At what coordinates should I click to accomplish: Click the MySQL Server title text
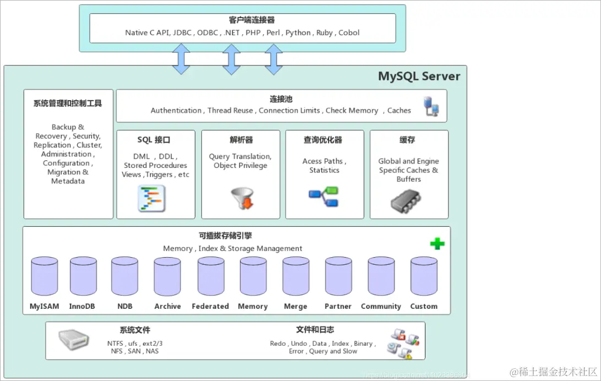419,76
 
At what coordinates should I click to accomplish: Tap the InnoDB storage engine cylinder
83,276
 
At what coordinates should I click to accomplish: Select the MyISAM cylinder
45,276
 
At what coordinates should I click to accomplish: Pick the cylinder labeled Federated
211,276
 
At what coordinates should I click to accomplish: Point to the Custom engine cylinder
424,276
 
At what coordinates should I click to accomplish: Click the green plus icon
438,243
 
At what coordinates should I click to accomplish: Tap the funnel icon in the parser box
241,199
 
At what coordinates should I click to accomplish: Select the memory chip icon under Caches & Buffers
407,202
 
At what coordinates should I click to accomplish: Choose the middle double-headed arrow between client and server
231,59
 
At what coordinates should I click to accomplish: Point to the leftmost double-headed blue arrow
181,59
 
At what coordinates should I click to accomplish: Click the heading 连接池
281,99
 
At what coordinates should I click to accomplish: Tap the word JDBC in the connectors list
182,32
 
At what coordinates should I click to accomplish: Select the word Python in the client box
298,32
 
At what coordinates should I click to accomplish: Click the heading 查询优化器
323,140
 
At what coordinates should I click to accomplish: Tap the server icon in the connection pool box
431,106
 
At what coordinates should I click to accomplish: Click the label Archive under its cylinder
168,306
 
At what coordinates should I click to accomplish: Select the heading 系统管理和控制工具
68,103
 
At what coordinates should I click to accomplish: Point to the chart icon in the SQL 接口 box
151,199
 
